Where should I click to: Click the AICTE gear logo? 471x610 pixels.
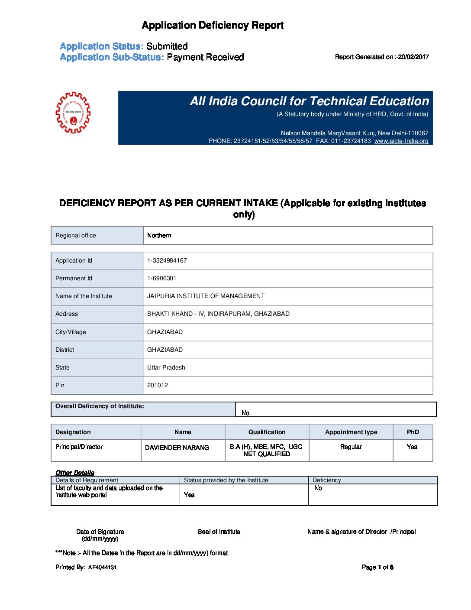coord(73,112)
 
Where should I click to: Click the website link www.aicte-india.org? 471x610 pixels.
coord(401,141)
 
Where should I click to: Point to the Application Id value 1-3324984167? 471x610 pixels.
coord(167,260)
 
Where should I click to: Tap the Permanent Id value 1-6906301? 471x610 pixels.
coord(161,278)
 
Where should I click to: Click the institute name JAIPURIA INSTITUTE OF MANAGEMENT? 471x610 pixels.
coord(206,296)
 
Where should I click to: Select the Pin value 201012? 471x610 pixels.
coord(157,385)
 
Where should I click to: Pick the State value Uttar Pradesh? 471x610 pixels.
coord(166,367)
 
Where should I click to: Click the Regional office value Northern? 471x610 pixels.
coord(159,235)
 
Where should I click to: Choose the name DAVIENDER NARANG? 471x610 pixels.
coord(177,447)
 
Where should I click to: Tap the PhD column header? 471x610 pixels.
coord(413,432)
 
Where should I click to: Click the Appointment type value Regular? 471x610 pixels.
coord(351,447)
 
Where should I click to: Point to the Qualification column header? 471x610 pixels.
coord(267,432)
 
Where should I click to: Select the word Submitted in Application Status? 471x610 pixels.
coord(167,46)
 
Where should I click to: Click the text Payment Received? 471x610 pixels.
coord(205,57)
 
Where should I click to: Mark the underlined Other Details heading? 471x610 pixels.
coord(74,472)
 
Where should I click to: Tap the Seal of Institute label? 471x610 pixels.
coord(219,532)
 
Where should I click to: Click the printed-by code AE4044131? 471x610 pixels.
coord(102,568)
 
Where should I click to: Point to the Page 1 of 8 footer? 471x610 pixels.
coord(377,567)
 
